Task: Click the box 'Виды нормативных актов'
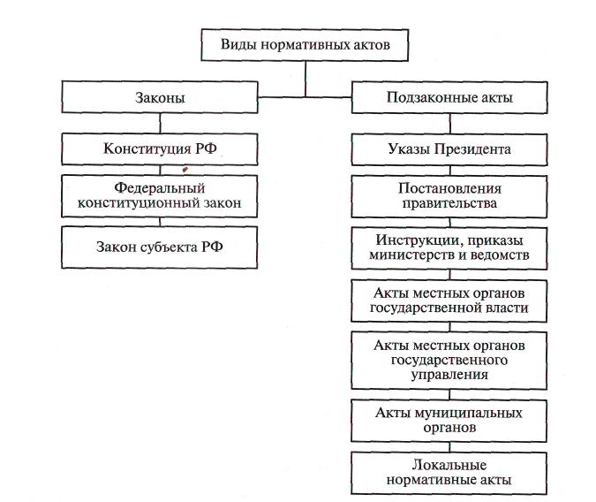(x=305, y=43)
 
